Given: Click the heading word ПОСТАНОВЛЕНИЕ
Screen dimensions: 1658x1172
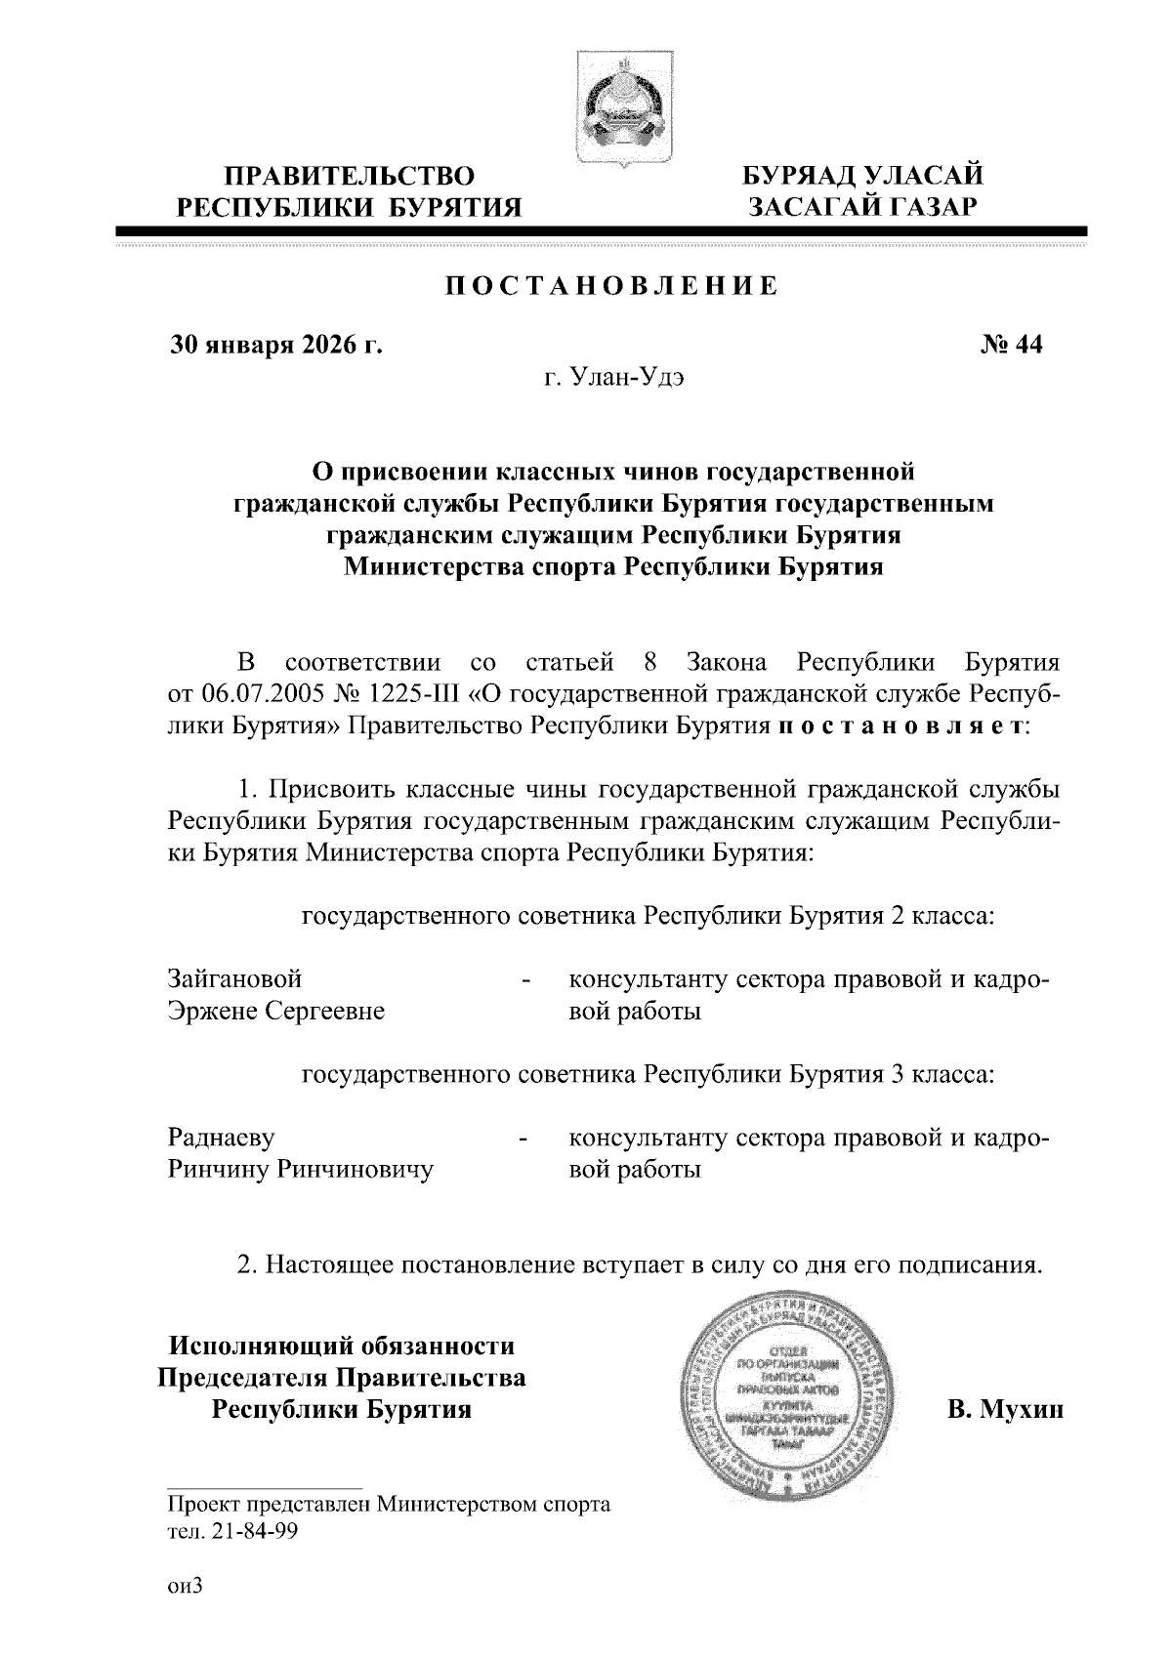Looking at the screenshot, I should [612, 286].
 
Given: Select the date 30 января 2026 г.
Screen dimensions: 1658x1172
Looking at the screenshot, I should [275, 345].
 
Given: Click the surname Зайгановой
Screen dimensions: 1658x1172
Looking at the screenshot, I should [235, 978].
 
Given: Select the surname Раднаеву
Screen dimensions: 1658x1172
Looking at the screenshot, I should [221, 1138].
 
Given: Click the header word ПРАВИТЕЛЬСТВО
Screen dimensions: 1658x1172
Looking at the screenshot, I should [350, 176].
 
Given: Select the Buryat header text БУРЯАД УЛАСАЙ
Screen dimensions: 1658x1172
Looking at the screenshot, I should [862, 176].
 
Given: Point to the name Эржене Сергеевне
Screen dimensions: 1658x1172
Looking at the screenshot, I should [276, 1011].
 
